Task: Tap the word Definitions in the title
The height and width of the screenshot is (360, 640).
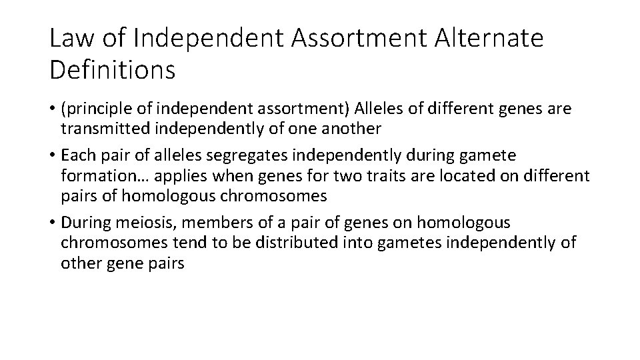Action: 112,69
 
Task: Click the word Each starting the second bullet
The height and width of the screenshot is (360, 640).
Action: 76,155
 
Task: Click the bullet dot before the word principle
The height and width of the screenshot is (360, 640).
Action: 52,109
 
